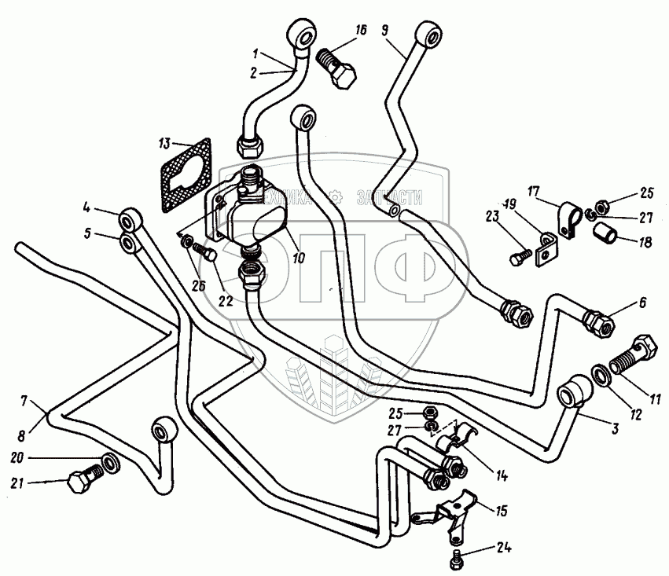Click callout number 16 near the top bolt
[361, 30]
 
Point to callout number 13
[164, 144]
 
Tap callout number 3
[615, 430]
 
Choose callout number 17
[533, 191]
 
